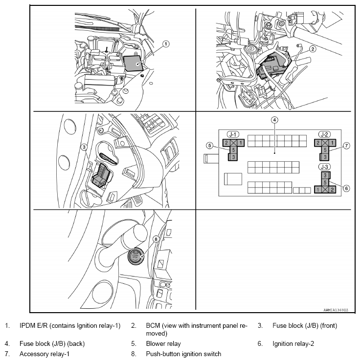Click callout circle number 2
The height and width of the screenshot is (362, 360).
point(313,48)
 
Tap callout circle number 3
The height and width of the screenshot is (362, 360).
point(84,146)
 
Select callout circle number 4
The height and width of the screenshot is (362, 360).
point(275,120)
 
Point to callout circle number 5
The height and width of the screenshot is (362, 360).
point(209,145)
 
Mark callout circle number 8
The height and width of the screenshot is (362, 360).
point(156,239)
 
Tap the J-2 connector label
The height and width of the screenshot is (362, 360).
point(324,134)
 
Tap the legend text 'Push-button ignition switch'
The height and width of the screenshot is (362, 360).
point(182,354)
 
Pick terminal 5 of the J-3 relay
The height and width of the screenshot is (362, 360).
point(324,182)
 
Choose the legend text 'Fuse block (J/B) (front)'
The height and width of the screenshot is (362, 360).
point(305,325)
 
